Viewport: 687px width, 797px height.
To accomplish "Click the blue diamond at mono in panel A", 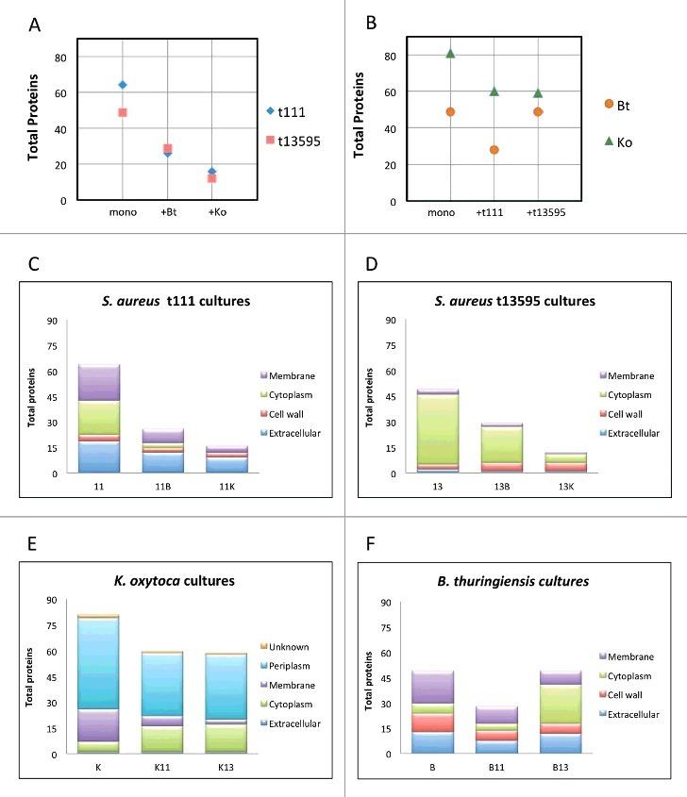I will click(123, 85).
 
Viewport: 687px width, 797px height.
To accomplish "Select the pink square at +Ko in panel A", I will click(212, 178).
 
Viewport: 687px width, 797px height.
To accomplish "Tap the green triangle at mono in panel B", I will click(450, 54).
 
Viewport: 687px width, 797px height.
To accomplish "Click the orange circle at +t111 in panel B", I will click(494, 150).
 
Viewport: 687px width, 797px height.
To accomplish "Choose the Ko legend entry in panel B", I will click(623, 141).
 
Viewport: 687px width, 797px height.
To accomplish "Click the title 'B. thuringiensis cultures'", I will click(518, 581).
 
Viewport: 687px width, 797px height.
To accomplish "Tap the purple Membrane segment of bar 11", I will click(92, 382).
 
